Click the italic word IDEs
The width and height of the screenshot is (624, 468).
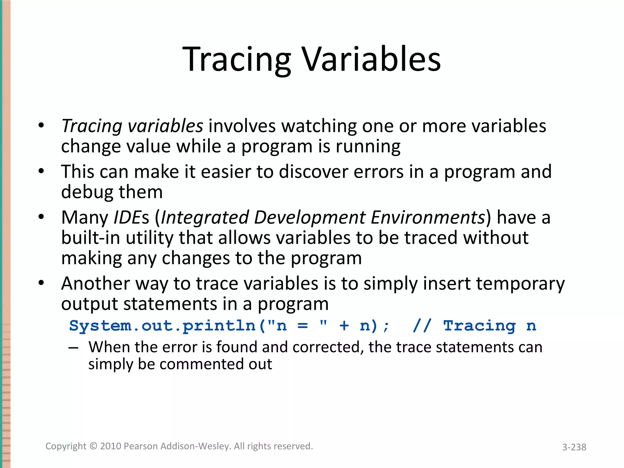(131, 218)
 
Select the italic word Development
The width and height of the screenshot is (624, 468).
(310, 218)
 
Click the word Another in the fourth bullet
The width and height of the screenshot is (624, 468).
(95, 284)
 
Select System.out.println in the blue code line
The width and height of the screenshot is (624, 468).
(162, 326)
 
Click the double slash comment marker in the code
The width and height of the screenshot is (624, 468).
(422, 326)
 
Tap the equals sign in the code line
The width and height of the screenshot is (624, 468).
(303, 326)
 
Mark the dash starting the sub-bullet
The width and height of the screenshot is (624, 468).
(73, 348)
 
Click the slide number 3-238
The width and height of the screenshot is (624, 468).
(574, 447)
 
